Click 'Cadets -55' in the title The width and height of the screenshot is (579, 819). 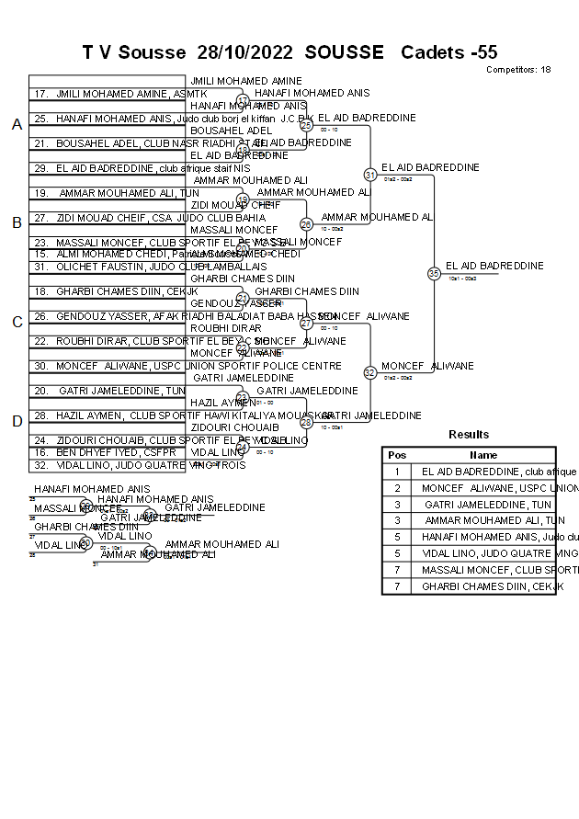coord(448,52)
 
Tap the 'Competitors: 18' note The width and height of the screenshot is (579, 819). coord(518,70)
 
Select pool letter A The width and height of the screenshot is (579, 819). coord(17,125)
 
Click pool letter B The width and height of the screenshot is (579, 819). coord(17,222)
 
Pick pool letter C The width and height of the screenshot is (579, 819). coord(17,323)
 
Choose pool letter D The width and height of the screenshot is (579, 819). coord(17,421)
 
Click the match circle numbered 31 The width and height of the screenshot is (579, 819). coord(370,175)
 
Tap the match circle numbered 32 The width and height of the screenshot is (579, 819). coord(370,373)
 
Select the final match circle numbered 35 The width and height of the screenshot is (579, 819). coord(434,273)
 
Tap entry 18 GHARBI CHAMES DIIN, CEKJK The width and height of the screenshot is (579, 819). coord(115,291)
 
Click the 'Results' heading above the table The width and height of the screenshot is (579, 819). coord(469,435)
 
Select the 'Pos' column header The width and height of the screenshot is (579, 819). coord(397,455)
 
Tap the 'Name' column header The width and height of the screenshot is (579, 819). coord(483,455)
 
